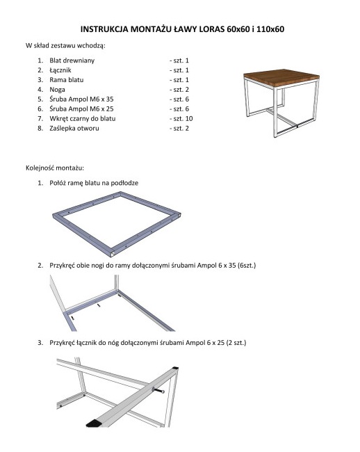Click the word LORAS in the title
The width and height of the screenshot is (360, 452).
click(212, 29)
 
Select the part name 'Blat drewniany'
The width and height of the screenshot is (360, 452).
click(72, 60)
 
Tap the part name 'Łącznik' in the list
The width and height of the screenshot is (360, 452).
click(60, 70)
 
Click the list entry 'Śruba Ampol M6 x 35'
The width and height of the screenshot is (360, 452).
click(81, 99)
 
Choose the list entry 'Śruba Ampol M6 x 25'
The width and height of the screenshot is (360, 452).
click(81, 108)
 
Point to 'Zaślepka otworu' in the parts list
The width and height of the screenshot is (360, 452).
click(74, 128)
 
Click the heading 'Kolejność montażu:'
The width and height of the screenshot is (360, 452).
click(55, 168)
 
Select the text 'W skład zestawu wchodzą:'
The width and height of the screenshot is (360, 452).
click(65, 45)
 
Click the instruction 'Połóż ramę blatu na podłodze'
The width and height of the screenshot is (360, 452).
click(94, 183)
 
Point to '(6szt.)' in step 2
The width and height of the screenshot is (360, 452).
click(247, 265)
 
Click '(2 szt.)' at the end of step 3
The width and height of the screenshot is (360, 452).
click(236, 343)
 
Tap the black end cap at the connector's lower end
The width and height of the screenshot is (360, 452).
click(94, 424)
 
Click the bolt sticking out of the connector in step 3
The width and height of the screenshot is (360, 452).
click(158, 391)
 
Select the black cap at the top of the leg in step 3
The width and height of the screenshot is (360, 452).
click(174, 369)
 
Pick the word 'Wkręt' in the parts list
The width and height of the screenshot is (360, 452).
click(58, 118)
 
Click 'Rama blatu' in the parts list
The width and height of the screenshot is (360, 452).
click(67, 80)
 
